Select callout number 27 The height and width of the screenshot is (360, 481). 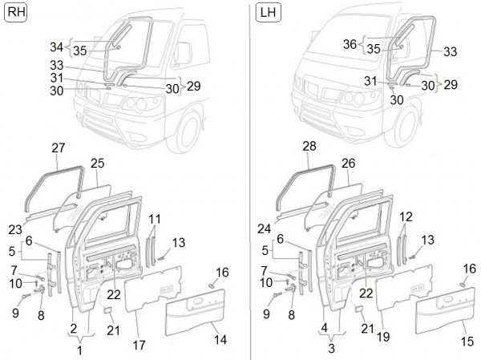point(58,147)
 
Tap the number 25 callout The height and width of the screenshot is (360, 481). point(98,163)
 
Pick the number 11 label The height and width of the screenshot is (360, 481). point(155,217)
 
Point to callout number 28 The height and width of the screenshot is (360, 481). point(309,147)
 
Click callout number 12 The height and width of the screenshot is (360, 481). point(406,217)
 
